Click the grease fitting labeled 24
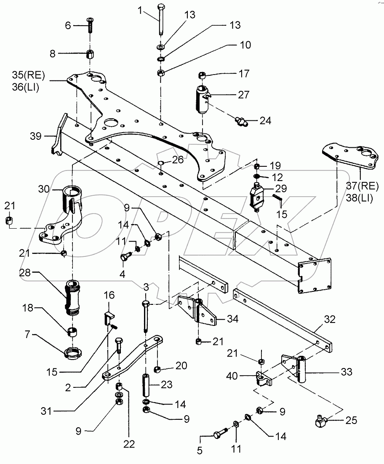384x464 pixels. click(241, 122)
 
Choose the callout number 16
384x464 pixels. click(109, 295)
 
